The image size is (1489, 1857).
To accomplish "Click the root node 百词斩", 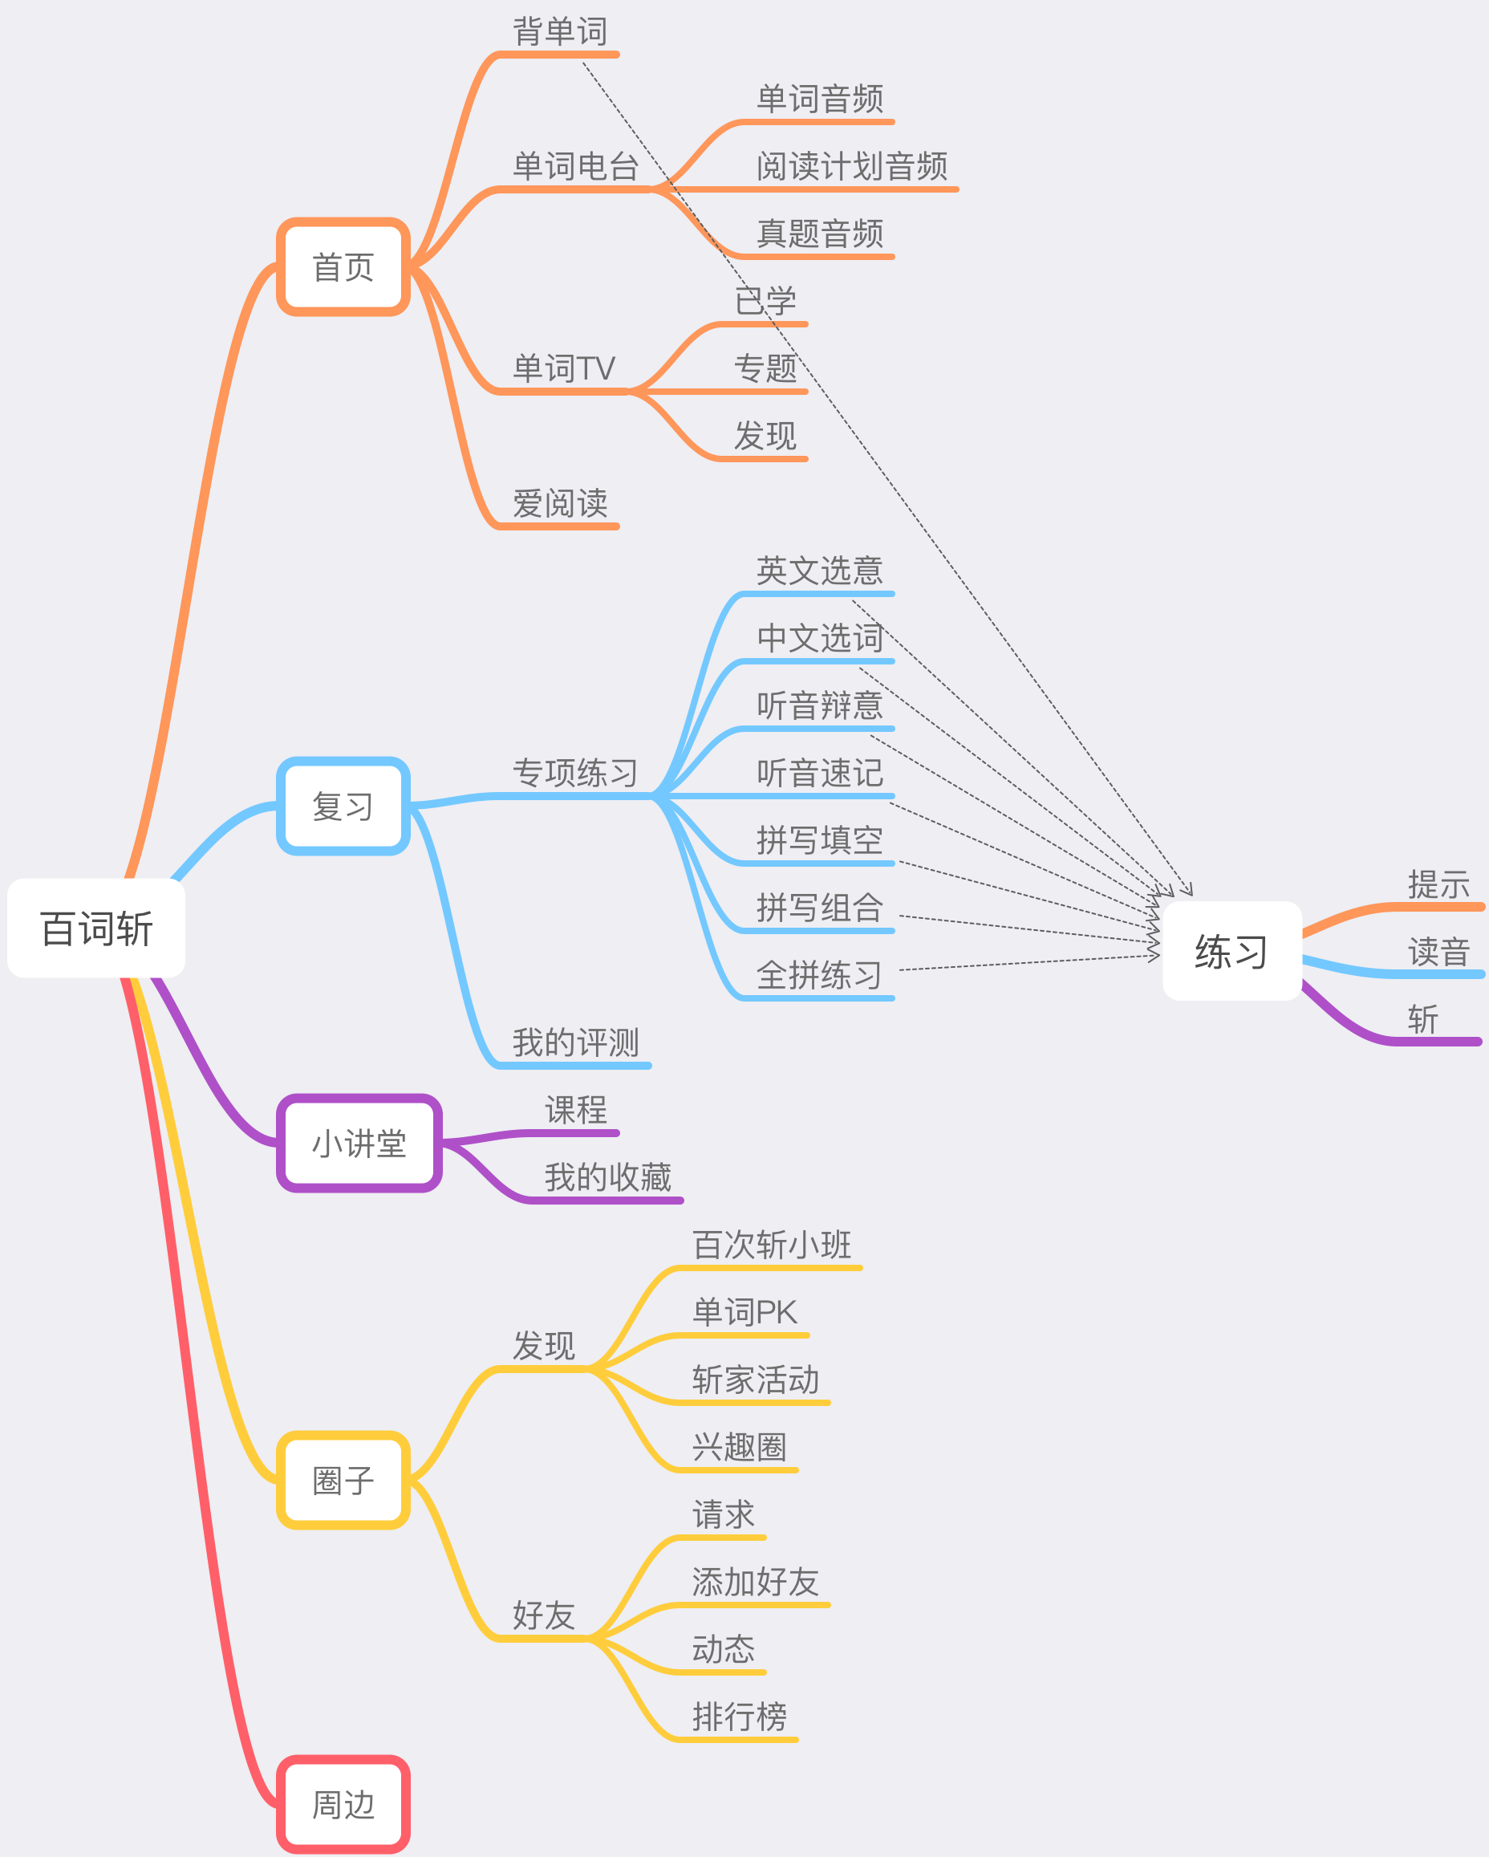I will pyautogui.click(x=96, y=928).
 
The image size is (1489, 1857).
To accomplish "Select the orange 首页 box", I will pyautogui.click(x=343, y=267).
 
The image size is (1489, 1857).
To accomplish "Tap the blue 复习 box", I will pyautogui.click(x=343, y=807).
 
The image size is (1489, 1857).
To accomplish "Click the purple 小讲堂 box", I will pyautogui.click(x=359, y=1144).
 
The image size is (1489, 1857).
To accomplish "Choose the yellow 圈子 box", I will pyautogui.click(x=343, y=1481).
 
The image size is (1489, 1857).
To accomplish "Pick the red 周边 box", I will pyautogui.click(x=343, y=1805).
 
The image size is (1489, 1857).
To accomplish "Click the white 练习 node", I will pyautogui.click(x=1231, y=951).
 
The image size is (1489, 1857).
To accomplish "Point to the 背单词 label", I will pyautogui.click(x=561, y=32).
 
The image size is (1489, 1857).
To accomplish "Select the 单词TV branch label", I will pyautogui.click(x=564, y=368).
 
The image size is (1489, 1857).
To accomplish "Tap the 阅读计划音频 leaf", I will pyautogui.click(x=852, y=166).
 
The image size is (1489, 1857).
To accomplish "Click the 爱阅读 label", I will pyautogui.click(x=561, y=503).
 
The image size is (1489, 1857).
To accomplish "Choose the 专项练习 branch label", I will pyautogui.click(x=575, y=773).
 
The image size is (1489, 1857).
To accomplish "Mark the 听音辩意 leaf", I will pyautogui.click(x=820, y=705).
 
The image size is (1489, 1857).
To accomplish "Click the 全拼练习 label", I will pyautogui.click(x=820, y=975).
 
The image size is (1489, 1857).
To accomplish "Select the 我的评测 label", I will pyautogui.click(x=575, y=1042).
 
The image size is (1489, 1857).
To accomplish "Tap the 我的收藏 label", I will pyautogui.click(x=608, y=1177).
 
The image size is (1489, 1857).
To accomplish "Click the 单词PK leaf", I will pyautogui.click(x=745, y=1313).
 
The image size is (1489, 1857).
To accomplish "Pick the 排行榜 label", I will pyautogui.click(x=740, y=1717).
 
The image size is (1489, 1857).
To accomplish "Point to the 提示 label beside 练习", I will pyautogui.click(x=1438, y=884).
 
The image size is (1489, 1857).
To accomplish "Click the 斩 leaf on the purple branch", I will pyautogui.click(x=1422, y=1020).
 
